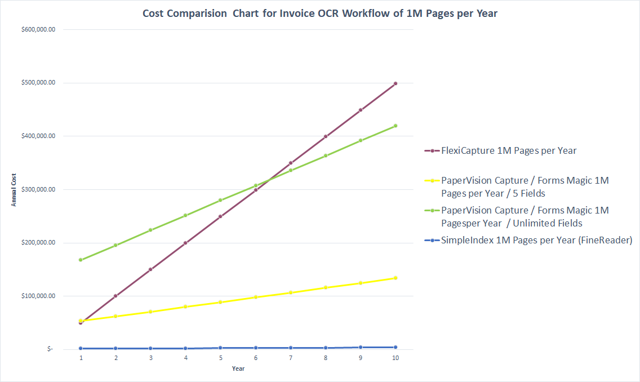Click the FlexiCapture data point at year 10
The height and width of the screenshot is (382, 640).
pyautogui.click(x=395, y=83)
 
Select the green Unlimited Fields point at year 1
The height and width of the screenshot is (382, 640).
pyautogui.click(x=81, y=260)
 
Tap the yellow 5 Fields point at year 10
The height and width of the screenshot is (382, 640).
pyautogui.click(x=395, y=278)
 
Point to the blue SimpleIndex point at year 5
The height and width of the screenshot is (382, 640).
pyautogui.click(x=221, y=348)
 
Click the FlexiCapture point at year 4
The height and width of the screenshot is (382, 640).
pyautogui.click(x=186, y=243)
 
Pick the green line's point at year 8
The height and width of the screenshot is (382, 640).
pyautogui.click(x=326, y=156)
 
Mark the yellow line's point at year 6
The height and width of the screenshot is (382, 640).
pyautogui.click(x=256, y=297)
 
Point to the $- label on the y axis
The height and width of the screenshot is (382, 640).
pyautogui.click(x=50, y=349)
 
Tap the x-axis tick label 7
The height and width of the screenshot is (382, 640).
pyautogui.click(x=291, y=358)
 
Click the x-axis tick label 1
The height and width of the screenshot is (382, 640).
pyautogui.click(x=81, y=358)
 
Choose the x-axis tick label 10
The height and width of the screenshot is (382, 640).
pyautogui.click(x=395, y=358)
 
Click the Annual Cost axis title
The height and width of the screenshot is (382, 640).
pyautogui.click(x=14, y=189)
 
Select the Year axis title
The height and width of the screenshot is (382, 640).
pyautogui.click(x=238, y=369)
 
